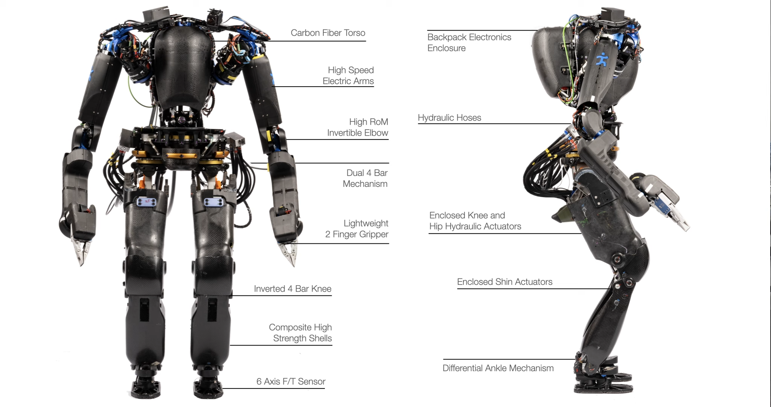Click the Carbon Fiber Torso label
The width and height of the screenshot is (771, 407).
328,33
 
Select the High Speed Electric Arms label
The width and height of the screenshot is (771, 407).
348,76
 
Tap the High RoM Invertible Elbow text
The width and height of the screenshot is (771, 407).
357,127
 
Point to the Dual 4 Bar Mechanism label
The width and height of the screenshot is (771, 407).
365,178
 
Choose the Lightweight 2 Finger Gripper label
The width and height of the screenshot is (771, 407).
357,229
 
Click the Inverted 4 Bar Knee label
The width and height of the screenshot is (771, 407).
293,289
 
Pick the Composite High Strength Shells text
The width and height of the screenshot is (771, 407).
300,333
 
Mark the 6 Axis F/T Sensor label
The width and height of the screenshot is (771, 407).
291,382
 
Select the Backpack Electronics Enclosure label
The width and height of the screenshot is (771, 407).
469,43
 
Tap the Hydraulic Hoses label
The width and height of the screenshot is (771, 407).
449,118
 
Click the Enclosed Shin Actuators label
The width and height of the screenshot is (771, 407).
504,282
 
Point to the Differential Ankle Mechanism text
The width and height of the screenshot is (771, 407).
498,368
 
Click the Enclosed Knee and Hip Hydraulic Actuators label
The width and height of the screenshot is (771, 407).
475,221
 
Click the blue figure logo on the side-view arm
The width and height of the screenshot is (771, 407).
602,60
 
